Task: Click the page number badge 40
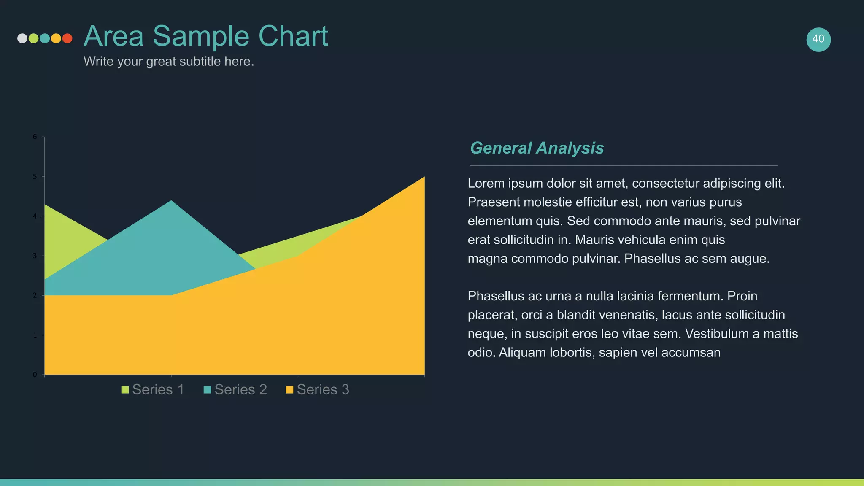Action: [x=818, y=39]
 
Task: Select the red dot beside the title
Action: [x=67, y=38]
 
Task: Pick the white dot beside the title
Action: [x=22, y=38]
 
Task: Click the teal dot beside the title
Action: [x=45, y=38]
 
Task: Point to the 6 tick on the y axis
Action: [x=35, y=137]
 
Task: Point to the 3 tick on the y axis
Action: [x=35, y=256]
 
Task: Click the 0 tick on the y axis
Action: [x=35, y=375]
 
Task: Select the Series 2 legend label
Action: [x=240, y=389]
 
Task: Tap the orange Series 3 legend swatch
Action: [x=289, y=390]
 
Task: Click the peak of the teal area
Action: [x=171, y=201]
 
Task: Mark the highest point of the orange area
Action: [x=424, y=178]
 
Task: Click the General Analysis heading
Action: [x=537, y=148]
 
